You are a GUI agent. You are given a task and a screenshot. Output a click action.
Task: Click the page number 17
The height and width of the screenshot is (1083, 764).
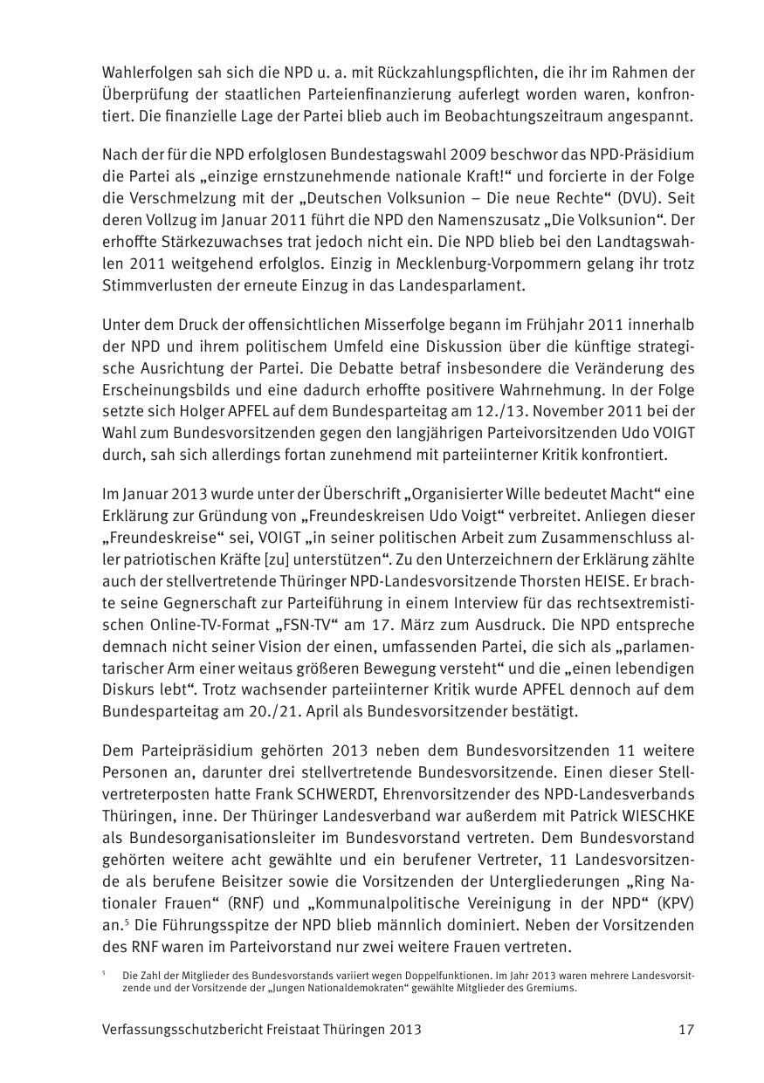686,1029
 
